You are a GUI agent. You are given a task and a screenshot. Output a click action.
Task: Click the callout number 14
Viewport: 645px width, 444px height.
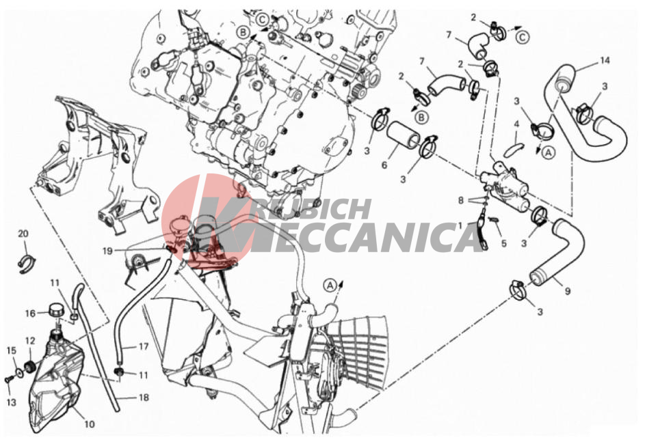point(604,61)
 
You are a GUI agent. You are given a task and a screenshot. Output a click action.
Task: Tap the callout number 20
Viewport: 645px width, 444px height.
point(23,234)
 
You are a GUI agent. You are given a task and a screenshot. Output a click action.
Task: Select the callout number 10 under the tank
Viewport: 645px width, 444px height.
point(90,424)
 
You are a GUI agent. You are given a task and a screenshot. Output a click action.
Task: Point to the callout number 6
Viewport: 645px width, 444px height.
point(384,165)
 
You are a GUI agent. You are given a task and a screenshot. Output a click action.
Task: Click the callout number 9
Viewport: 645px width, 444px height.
point(567,291)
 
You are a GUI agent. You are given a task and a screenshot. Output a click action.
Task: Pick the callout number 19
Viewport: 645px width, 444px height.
point(107,251)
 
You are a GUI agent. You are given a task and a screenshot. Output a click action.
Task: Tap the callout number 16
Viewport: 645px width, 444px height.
point(31,314)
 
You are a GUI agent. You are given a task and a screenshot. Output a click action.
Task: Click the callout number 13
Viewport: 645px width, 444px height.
point(12,402)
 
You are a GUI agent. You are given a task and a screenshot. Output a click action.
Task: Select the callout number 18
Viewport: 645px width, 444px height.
point(144,398)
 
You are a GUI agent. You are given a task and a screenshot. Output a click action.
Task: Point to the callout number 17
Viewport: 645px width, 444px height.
point(143,346)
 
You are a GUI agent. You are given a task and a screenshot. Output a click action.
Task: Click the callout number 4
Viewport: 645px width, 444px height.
point(516,124)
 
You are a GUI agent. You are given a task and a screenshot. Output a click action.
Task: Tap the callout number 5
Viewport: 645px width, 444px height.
point(504,244)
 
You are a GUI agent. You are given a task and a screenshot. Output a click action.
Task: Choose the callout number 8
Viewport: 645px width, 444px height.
point(461,200)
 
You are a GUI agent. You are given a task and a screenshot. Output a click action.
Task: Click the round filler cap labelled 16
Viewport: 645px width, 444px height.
point(55,309)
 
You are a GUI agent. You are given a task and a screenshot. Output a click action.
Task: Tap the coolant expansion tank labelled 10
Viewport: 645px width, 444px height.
point(55,382)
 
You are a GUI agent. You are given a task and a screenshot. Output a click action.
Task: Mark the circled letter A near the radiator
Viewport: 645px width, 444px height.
point(330,285)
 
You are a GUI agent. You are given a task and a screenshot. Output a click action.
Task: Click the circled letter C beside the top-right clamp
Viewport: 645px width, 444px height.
point(523,38)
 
